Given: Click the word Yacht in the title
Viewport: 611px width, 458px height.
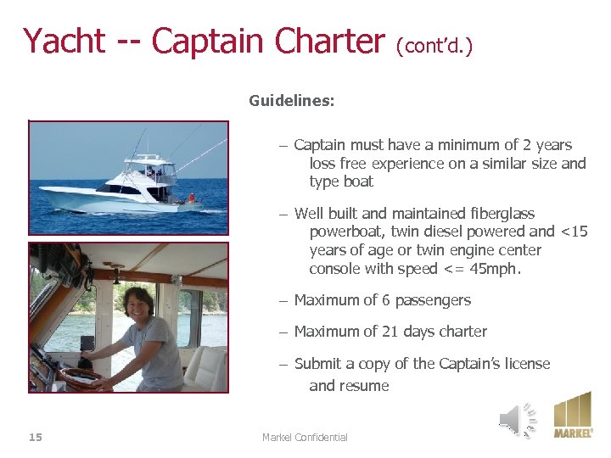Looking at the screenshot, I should (64, 41).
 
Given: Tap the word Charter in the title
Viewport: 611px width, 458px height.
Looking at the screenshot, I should (325, 41).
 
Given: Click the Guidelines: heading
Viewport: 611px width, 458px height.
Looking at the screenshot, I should (291, 101).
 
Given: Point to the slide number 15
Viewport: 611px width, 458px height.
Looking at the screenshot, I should (36, 437).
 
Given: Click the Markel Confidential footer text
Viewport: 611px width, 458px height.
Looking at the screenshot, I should (305, 437).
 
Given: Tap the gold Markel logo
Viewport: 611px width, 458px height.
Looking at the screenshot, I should (573, 415).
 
